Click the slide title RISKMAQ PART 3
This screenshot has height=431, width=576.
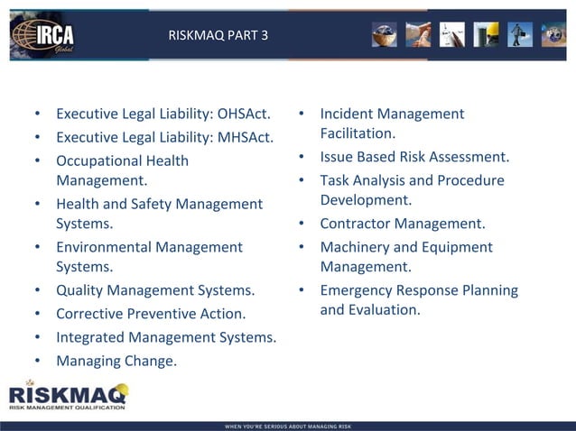point(218,36)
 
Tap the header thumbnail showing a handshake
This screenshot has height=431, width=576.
point(417,34)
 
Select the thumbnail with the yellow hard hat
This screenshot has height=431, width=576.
point(486,34)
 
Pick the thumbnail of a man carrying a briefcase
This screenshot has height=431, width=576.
point(519,34)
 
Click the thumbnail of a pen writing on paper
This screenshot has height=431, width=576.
point(451,34)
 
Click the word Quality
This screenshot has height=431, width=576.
point(80,290)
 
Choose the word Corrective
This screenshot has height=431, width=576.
point(89,314)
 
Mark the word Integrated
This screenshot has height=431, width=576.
point(90,337)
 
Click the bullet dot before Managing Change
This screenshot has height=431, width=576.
point(37,361)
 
